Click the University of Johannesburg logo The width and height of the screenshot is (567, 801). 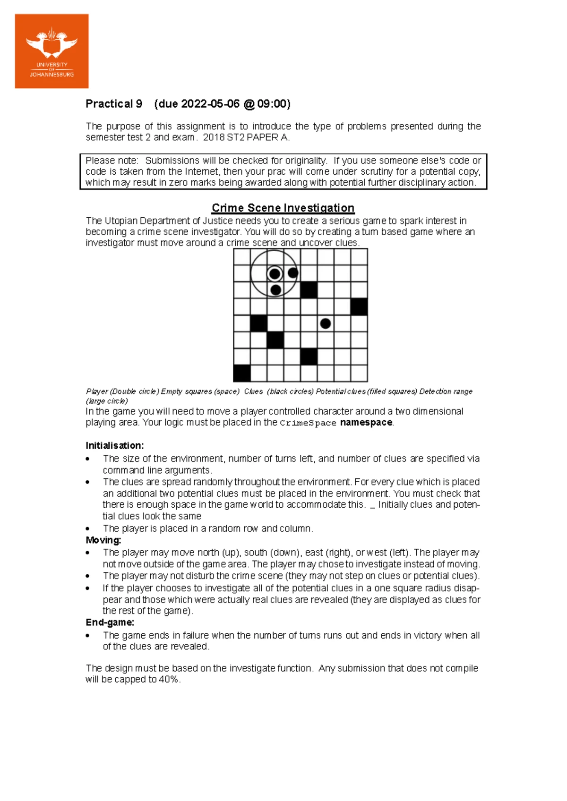click(52, 51)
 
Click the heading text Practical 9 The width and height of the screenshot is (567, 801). click(113, 104)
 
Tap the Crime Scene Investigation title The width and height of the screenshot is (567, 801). click(283, 208)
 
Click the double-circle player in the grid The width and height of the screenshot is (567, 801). click(275, 274)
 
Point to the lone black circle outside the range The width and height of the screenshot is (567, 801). click(325, 324)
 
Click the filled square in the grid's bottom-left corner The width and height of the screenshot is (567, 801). click(242, 373)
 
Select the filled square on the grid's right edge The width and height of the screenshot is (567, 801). click(359, 307)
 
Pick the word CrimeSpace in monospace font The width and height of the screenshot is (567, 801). click(308, 423)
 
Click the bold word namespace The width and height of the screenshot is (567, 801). click(366, 422)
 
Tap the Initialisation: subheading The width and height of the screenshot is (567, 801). click(114, 445)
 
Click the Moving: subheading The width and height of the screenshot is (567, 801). click(103, 540)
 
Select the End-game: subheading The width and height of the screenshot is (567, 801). click(110, 622)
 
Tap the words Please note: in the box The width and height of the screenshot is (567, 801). click(112, 161)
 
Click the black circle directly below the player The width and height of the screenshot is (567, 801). click(275, 290)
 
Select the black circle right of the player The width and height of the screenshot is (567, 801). click(292, 273)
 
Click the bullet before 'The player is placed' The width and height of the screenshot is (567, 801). click(88, 529)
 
